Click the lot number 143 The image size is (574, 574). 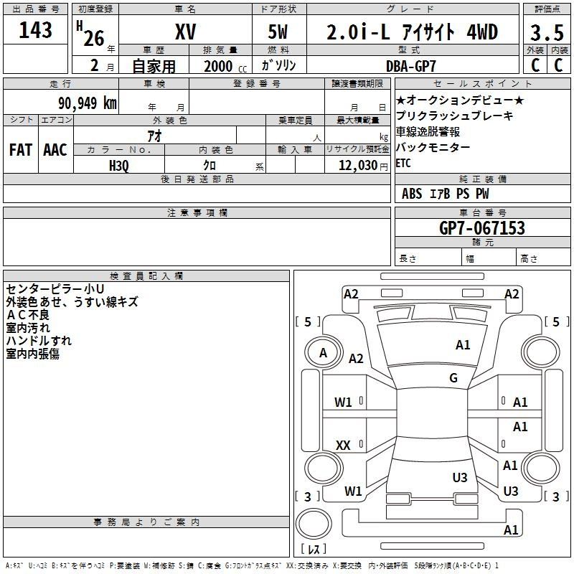(35, 30)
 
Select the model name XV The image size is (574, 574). (185, 32)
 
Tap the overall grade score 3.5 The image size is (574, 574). (547, 32)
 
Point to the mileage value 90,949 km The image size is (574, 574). (88, 103)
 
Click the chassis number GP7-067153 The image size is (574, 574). (481, 228)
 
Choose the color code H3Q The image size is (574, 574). (119, 166)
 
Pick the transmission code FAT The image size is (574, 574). (21, 150)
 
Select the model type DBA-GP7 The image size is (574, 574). (411, 66)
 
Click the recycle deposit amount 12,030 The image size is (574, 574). (357, 166)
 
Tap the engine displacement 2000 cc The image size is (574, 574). (225, 66)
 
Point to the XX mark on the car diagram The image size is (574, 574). (343, 445)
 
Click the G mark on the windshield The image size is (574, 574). (453, 377)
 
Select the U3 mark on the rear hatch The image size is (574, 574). (460, 477)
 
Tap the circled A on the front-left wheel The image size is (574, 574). (323, 352)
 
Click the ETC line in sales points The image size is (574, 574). (403, 163)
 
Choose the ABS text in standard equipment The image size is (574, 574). (412, 194)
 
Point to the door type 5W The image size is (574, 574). (278, 32)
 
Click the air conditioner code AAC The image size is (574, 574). (55, 150)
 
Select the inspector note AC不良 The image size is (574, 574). (28, 315)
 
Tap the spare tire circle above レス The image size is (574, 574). (314, 524)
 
